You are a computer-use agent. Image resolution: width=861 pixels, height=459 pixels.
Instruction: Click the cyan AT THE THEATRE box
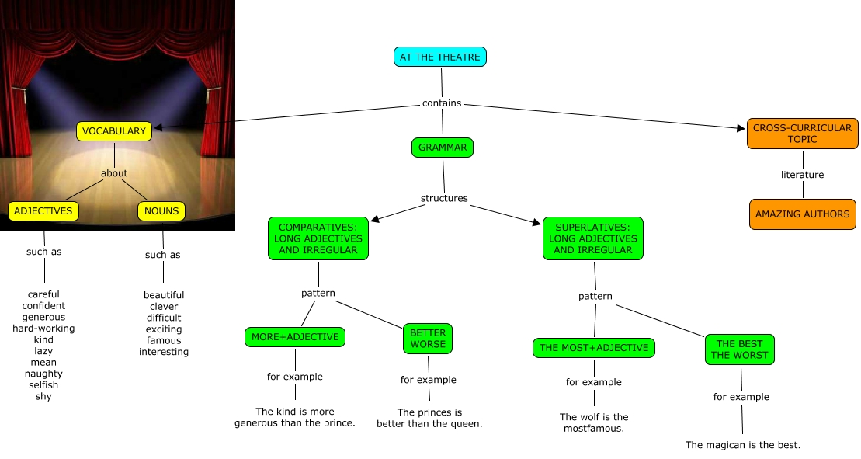coord(440,57)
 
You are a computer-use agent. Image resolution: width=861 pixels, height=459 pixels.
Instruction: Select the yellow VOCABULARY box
coord(113,131)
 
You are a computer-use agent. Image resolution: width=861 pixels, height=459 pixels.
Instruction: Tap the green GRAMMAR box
coord(443,147)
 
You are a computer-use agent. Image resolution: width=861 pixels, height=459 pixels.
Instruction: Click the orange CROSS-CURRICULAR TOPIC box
coord(803,134)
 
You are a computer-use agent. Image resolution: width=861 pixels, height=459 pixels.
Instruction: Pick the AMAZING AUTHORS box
coord(803,214)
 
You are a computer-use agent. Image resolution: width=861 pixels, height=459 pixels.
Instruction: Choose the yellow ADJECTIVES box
coord(43,210)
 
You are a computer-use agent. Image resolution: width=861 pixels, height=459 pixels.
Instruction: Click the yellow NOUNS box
coord(162,210)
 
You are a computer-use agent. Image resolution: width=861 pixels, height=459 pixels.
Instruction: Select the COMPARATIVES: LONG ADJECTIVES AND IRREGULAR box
coord(318,238)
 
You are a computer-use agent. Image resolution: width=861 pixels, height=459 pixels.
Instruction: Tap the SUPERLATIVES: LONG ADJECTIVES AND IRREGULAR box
coord(593,238)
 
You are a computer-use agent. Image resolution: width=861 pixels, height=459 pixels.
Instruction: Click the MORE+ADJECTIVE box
coord(294,337)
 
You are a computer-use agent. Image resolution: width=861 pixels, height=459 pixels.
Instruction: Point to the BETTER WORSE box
coord(428,339)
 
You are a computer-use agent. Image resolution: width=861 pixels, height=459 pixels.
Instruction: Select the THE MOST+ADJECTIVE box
coord(594,348)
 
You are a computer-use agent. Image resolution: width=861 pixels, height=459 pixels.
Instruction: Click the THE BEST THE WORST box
coord(740,349)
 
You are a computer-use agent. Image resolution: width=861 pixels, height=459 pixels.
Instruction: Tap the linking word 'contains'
coord(442,103)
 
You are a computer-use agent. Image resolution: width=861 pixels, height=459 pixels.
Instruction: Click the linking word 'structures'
coord(444,198)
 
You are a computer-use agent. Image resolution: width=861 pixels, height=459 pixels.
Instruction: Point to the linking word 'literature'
coord(802,175)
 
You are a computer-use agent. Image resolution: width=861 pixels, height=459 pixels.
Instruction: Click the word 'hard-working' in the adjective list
coord(43,329)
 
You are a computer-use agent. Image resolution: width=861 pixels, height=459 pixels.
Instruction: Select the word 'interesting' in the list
coord(164,352)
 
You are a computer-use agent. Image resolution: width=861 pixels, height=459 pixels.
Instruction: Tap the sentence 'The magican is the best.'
coord(742,445)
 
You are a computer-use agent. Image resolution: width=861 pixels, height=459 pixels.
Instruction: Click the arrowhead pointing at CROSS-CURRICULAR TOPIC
coord(739,127)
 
